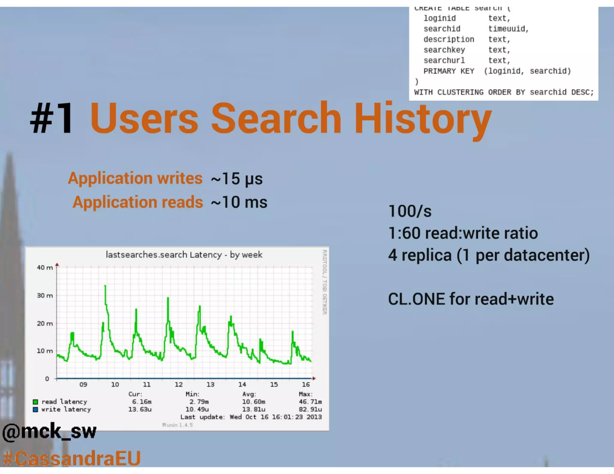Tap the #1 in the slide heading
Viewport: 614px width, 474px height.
(x=52, y=118)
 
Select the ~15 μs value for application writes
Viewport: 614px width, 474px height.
(x=237, y=179)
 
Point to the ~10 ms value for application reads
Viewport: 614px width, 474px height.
(x=239, y=202)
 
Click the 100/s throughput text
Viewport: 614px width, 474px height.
(x=410, y=211)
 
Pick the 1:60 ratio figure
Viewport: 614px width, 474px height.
(x=404, y=233)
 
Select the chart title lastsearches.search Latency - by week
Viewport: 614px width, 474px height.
(x=184, y=255)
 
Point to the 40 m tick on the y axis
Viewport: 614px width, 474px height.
(x=45, y=267)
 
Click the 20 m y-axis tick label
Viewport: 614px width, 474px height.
(x=45, y=323)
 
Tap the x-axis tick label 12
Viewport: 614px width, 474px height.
(x=179, y=384)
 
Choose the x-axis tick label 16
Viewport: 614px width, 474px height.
(x=306, y=384)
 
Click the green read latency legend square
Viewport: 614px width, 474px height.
(x=35, y=402)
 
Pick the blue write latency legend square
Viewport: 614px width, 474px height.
(x=35, y=410)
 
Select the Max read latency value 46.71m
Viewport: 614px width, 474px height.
(x=310, y=402)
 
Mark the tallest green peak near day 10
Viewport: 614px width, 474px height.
(x=105, y=286)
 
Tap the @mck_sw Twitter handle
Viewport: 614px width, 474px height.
(x=49, y=432)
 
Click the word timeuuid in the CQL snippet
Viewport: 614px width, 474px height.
(x=508, y=29)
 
